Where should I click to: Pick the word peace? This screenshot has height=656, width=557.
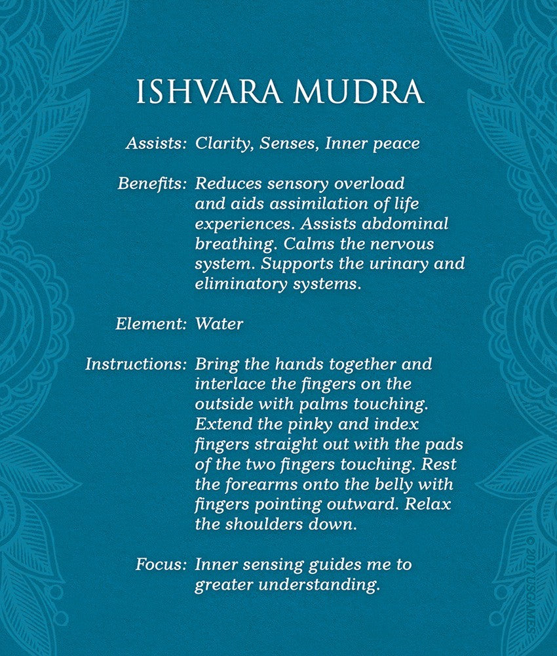pyautogui.click(x=396, y=144)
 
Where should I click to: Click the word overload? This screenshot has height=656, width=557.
pyautogui.click(x=372, y=183)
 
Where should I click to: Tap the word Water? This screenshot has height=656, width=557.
pyautogui.click(x=219, y=323)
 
